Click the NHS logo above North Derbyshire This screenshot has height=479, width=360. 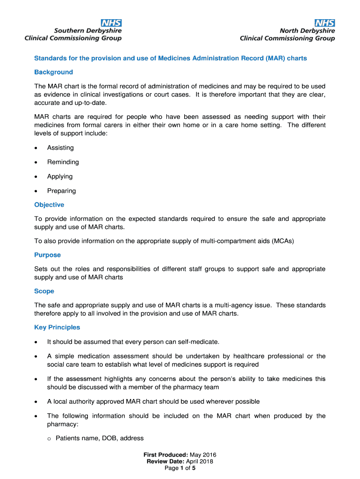(324, 22)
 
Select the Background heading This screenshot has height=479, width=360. (54, 72)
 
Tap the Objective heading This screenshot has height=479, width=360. (49, 205)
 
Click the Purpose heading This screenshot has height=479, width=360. (48, 255)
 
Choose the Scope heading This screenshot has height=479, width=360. (44, 291)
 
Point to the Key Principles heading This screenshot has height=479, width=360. (57, 327)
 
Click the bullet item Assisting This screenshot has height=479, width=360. (60, 148)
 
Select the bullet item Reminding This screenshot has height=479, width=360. (63, 162)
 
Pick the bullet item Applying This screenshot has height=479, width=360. (60, 176)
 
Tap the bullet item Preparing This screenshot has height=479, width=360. (61, 191)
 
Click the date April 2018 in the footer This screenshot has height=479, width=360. (200, 462)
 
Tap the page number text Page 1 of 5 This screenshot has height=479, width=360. (180, 468)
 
